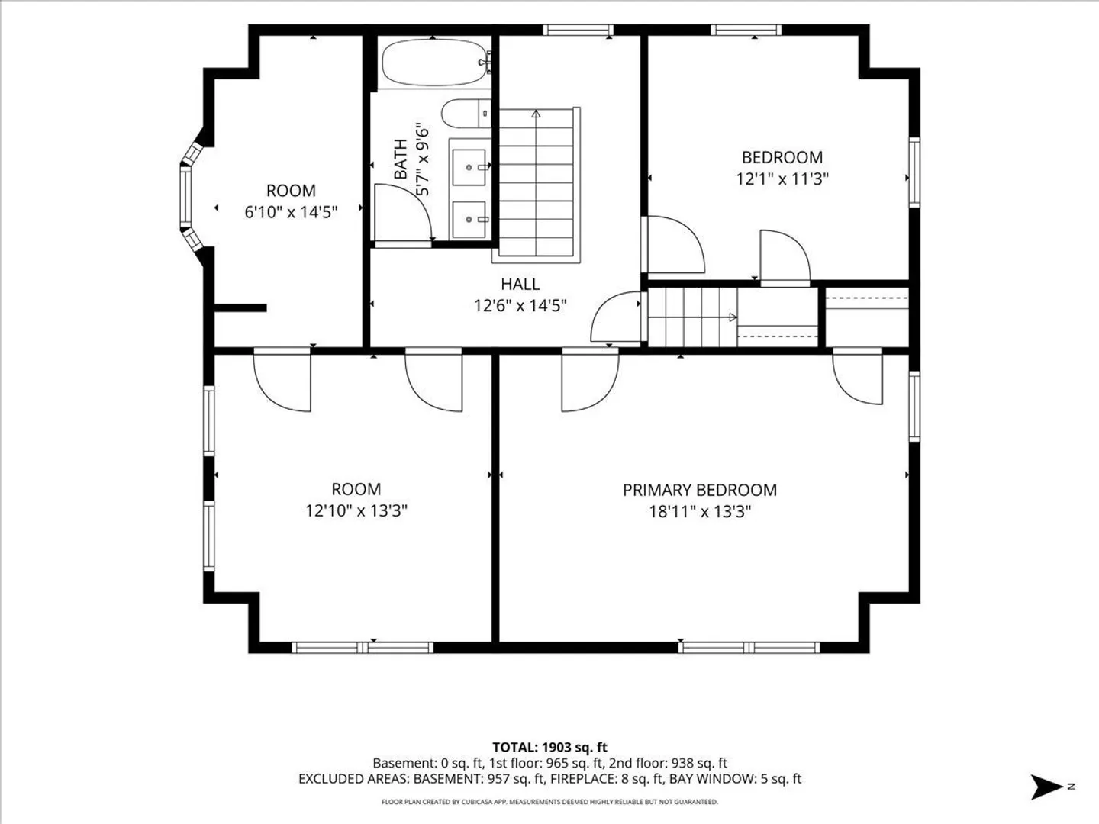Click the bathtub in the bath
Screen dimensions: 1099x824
[433, 63]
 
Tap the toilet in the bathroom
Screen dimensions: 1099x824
[466, 113]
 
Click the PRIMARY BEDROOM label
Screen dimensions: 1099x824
[699, 490]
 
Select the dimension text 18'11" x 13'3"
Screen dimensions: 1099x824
[700, 512]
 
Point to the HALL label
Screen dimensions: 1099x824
[520, 284]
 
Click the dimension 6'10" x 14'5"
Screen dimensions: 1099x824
[291, 212]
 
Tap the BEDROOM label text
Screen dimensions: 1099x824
[782, 158]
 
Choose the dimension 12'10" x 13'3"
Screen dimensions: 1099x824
[356, 511]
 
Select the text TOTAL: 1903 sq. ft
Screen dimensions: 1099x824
[549, 748]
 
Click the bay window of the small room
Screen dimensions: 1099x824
[190, 195]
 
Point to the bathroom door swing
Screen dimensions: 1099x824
[403, 214]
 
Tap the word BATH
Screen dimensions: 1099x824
[401, 159]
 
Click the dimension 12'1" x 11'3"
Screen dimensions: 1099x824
[782, 179]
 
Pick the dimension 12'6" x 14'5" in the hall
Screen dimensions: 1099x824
[520, 305]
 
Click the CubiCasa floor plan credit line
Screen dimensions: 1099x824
[549, 802]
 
